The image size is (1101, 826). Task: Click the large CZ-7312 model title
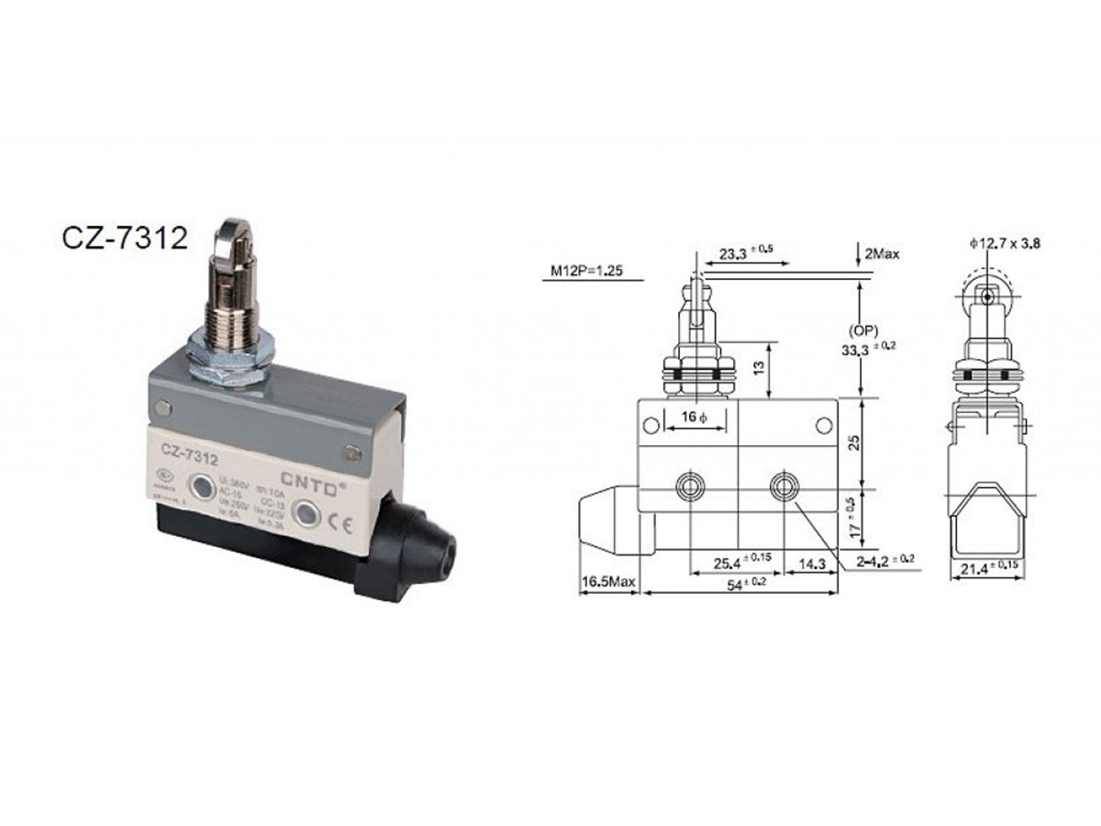coord(125,238)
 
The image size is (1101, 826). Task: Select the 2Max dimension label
coord(881,253)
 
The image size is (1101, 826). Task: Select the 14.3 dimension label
coord(811,561)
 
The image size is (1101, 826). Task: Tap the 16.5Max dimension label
coord(608,582)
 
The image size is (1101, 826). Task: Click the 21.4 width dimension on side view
coord(985,571)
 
